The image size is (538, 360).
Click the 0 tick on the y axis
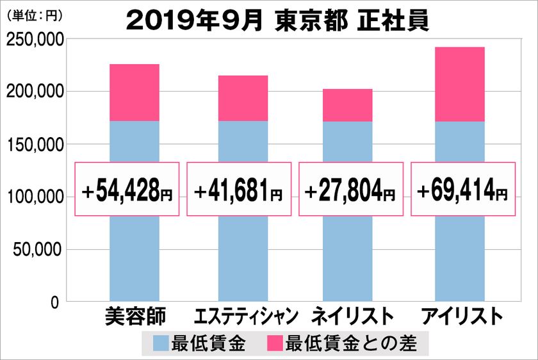(55, 302)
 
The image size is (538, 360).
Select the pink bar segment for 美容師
(134, 92)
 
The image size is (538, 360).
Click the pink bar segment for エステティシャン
(243, 98)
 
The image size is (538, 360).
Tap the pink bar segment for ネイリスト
(347, 105)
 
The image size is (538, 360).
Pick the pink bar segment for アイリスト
(459, 84)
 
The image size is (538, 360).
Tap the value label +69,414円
(462, 190)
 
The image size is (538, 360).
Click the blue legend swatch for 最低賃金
(161, 343)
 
